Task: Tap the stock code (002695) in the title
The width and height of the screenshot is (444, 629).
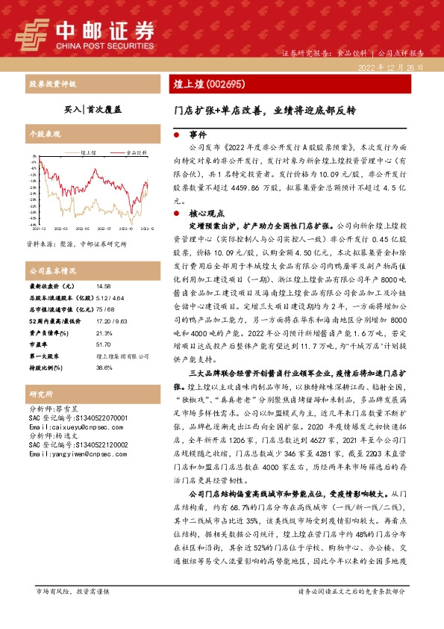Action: [224, 84]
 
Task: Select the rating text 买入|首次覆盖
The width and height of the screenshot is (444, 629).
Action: [93, 108]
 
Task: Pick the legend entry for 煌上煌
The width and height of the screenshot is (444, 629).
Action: [85, 152]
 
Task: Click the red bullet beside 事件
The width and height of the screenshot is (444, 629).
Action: [175, 135]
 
